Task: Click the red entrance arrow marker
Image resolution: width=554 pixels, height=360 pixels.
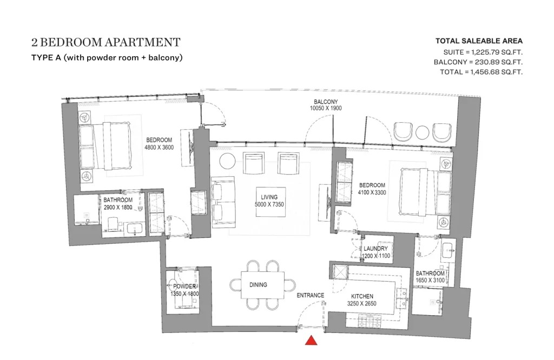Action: pos(311,340)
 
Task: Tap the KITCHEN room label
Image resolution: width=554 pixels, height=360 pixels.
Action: pos(362,296)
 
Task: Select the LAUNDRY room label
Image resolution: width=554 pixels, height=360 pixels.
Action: pos(376,249)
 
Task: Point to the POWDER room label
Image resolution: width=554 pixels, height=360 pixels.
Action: pos(185,286)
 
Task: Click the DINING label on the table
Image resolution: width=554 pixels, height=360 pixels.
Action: pos(258,285)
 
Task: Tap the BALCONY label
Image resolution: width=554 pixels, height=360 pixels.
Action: pos(326,102)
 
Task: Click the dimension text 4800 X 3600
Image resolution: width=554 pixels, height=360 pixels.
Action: pos(159,147)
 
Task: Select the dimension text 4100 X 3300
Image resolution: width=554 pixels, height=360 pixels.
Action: pos(372,192)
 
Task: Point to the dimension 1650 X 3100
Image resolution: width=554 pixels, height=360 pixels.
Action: pos(430,280)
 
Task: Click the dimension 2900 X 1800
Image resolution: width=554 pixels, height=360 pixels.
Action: pos(118,206)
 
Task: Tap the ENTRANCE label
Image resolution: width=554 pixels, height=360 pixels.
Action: pos(310,295)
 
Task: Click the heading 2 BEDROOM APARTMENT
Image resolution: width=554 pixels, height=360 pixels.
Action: pos(106,43)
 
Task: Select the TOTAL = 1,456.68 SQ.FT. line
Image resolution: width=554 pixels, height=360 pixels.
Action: pos(481,72)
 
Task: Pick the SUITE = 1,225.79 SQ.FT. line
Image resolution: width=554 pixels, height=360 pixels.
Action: pos(483,52)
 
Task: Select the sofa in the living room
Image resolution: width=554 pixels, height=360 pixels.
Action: pos(223,201)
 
